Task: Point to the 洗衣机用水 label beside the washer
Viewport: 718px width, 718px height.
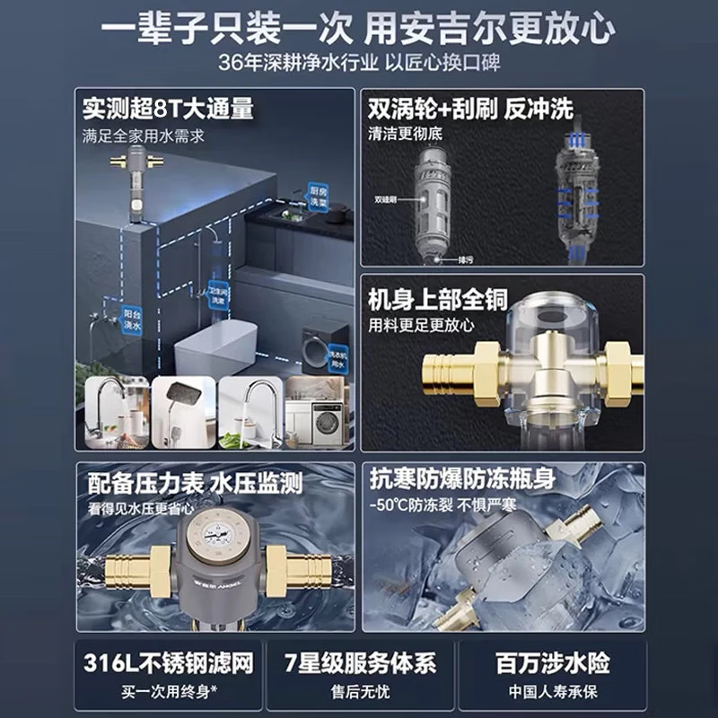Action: (x=337, y=355)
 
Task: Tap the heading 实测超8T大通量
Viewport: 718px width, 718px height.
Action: (x=168, y=109)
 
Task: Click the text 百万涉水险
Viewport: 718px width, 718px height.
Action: (x=553, y=664)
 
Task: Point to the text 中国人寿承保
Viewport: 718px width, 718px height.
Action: (x=553, y=692)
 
